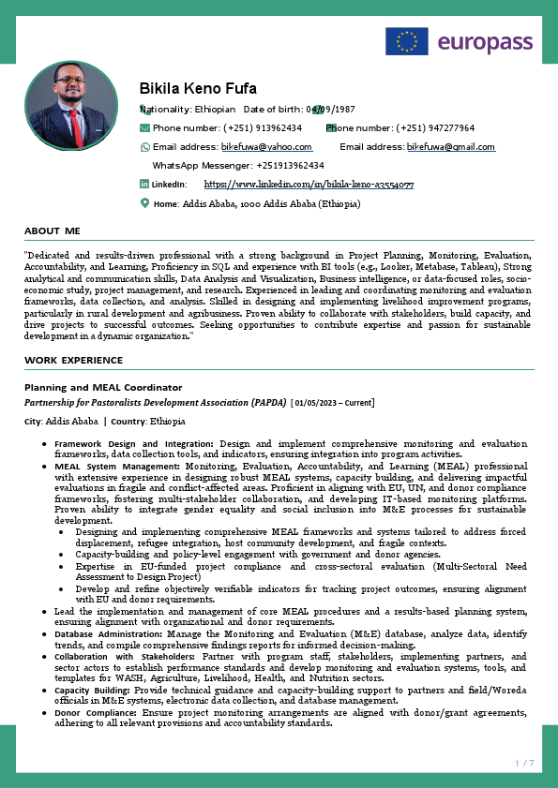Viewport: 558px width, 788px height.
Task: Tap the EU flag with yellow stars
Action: click(x=406, y=41)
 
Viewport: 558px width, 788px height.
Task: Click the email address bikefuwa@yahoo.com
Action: click(x=266, y=147)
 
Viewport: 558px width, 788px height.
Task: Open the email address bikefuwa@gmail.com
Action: click(x=450, y=147)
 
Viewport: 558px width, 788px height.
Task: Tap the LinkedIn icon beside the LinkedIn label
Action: click(x=144, y=185)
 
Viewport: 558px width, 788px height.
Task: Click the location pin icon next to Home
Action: click(x=144, y=202)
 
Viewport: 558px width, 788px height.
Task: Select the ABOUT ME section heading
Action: click(x=53, y=230)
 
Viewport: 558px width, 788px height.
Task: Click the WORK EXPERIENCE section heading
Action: click(x=73, y=360)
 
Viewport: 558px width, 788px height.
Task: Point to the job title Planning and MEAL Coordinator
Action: click(x=103, y=387)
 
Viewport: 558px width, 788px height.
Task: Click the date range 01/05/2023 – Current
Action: click(x=334, y=403)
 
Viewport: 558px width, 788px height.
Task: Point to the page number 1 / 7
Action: click(x=524, y=764)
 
